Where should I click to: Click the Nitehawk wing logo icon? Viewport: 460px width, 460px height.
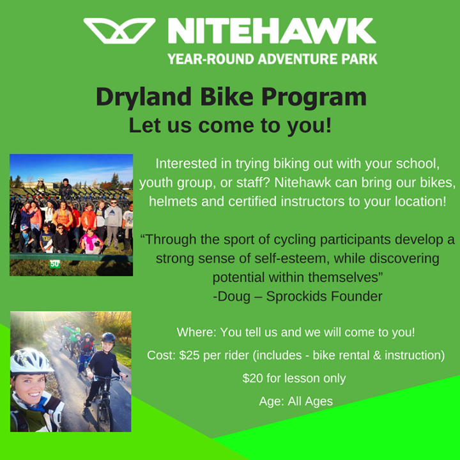pyautogui.click(x=119, y=31)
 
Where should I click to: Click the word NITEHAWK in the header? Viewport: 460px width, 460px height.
pyautogui.click(x=272, y=31)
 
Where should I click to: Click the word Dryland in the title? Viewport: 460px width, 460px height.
pyautogui.click(x=144, y=98)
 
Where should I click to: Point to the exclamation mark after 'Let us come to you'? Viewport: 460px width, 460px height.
pyautogui.click(x=328, y=125)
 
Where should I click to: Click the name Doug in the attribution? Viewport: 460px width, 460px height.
pyautogui.click(x=233, y=296)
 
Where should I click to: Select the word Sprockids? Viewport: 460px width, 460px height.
pyautogui.click(x=295, y=296)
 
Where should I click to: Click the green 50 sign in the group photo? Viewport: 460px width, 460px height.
pyautogui.click(x=54, y=264)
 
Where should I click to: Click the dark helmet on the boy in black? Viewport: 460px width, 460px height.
pyautogui.click(x=108, y=338)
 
